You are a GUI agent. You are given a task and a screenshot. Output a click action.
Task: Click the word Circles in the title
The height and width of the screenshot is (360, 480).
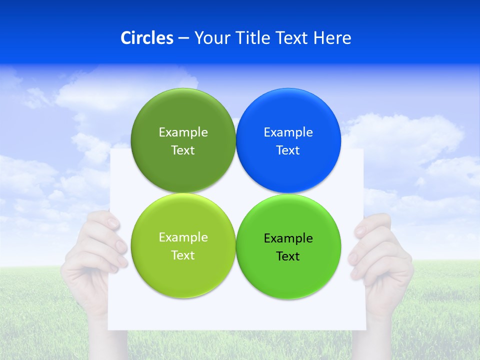[146, 38]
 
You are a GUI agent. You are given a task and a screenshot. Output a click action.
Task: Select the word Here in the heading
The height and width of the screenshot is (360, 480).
[332, 38]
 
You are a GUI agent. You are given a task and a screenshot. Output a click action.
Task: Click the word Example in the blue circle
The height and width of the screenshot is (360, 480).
[288, 132]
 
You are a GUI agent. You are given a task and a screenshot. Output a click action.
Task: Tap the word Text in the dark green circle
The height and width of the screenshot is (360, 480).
[183, 150]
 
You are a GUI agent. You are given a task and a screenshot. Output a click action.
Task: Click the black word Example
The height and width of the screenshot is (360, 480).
[288, 238]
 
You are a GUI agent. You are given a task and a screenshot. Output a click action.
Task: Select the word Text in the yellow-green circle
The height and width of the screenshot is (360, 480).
[183, 255]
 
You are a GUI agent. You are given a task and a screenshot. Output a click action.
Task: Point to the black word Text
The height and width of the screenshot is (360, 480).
[288, 256]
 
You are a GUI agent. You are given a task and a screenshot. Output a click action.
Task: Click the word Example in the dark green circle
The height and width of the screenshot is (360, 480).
[183, 132]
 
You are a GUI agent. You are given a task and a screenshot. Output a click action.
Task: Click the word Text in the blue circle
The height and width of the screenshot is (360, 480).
[288, 150]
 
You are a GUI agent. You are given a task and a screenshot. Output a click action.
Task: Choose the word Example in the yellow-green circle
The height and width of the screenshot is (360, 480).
[183, 237]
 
